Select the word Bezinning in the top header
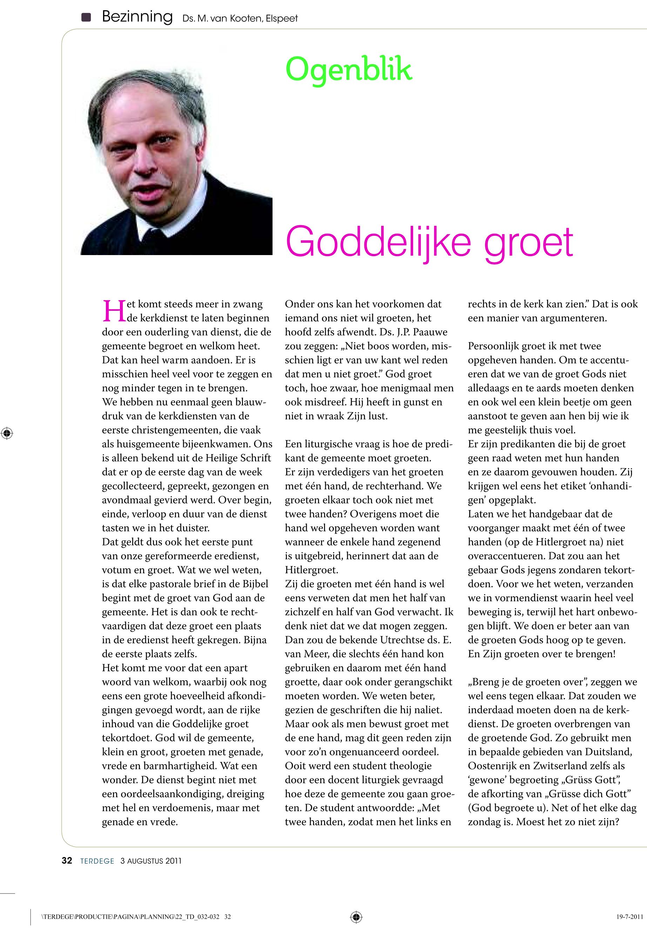(137, 17)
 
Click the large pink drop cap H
(114, 311)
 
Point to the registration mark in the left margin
(7, 433)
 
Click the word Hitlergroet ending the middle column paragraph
(311, 570)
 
